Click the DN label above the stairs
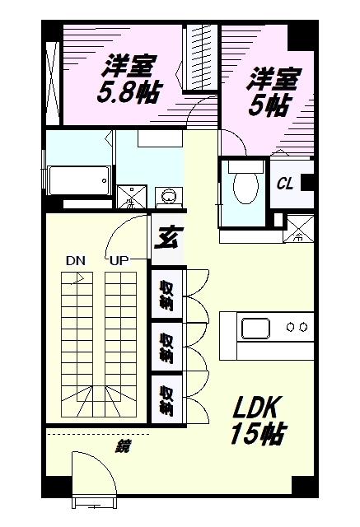pos(76,262)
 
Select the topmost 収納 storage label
pos(166,292)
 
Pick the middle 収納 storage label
pos(166,347)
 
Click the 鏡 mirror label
pos(124,447)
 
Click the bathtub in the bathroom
pos(79,179)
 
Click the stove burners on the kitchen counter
pos(297,327)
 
